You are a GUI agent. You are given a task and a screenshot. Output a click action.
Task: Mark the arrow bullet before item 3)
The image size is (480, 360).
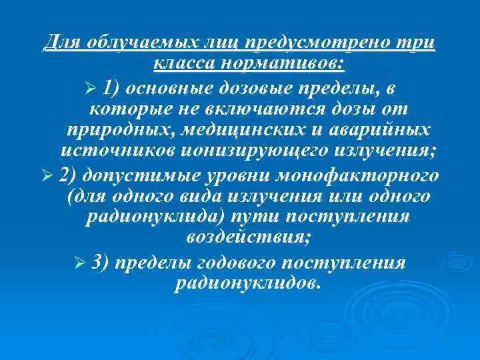81,263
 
